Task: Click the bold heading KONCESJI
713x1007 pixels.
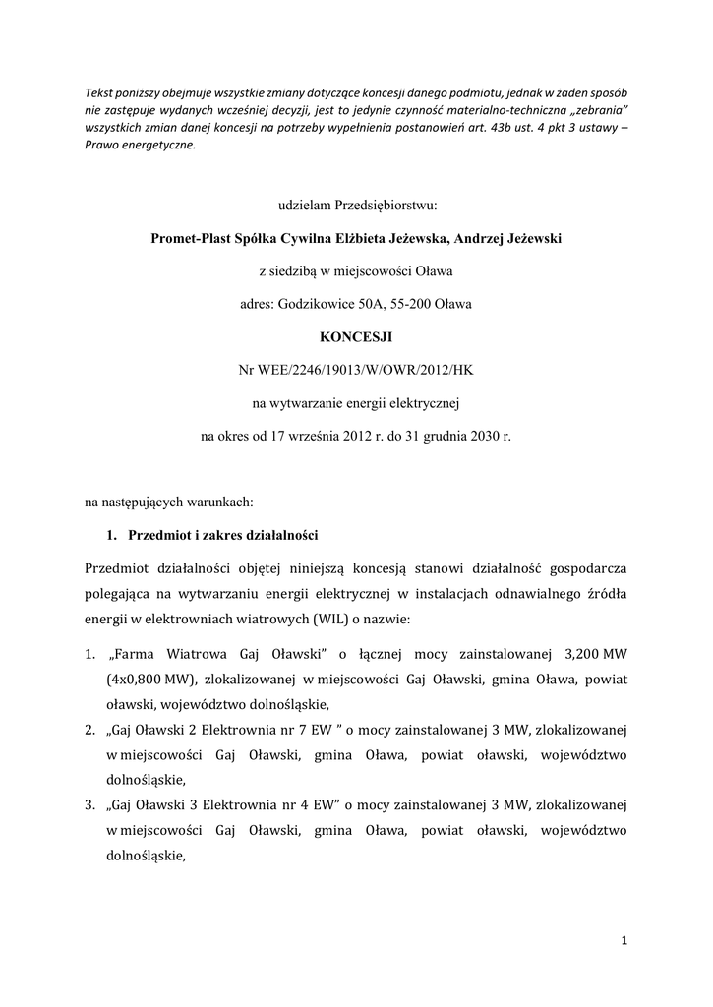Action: pos(356,336)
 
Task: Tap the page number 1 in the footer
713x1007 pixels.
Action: pos(624,941)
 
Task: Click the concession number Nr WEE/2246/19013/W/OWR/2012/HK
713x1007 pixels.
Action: pos(356,369)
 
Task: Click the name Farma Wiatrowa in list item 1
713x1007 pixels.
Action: pos(170,654)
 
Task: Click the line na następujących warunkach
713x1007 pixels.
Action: pos(169,503)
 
